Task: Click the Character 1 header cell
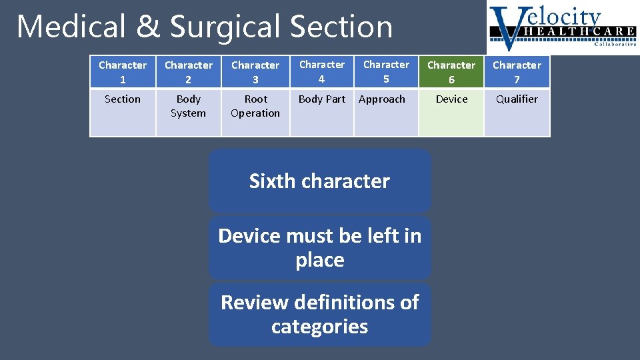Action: pos(123,72)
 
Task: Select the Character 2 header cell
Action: pos(188,72)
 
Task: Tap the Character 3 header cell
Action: pos(255,72)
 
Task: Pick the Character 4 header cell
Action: pos(322,71)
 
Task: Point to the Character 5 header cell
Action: pos(386,71)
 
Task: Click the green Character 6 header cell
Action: pos(451,72)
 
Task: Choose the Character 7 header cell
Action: pos(517,72)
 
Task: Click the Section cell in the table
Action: pos(123,112)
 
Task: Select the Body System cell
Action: pos(188,112)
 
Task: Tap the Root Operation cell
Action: pos(255,112)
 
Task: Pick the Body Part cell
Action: pos(322,112)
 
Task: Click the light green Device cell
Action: pos(451,112)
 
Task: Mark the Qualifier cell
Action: pos(517,112)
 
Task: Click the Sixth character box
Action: pos(319,181)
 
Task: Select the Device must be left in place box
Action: pos(319,247)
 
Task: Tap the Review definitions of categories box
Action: pos(319,314)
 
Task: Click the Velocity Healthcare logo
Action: pos(562,27)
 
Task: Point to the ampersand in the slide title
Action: pos(147,27)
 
